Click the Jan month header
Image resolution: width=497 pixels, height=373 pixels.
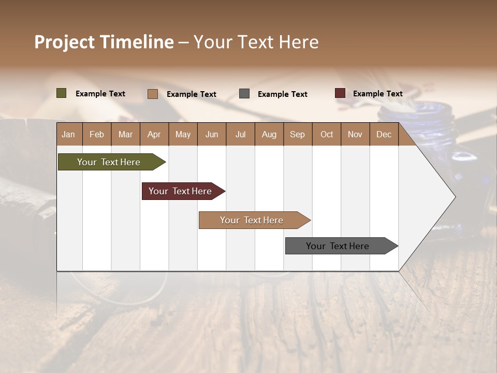point(68,135)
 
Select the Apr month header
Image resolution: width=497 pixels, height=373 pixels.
point(154,135)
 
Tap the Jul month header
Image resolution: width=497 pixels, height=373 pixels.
point(240,135)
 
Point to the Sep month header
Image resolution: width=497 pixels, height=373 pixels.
point(297,135)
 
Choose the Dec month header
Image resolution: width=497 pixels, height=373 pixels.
point(384,135)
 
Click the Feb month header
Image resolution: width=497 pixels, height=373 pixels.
point(97,135)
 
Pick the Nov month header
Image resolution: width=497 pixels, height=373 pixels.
point(355,135)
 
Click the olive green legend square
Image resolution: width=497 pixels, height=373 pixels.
point(61,93)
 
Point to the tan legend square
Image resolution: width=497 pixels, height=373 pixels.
point(152,94)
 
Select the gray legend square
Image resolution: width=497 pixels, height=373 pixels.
point(244,93)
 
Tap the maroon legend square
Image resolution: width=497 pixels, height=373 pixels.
point(340,93)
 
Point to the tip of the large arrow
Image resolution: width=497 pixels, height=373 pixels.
point(454,196)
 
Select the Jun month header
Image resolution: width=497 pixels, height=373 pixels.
point(211,135)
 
